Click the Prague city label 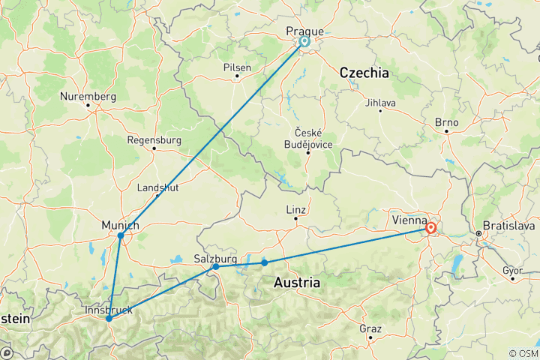coord(305,31)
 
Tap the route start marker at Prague coord(305,42)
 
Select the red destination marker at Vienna coord(431,228)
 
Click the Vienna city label coord(409,221)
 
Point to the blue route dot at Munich coord(121,235)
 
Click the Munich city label coord(120,225)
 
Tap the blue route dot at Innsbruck coord(109,318)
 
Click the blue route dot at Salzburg coord(215,266)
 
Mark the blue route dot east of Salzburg coord(264,262)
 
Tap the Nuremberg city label coord(89,97)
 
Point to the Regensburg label coord(154,139)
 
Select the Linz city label coord(295,209)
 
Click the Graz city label coord(370,328)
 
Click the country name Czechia coord(364,73)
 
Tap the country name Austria coord(297,283)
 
